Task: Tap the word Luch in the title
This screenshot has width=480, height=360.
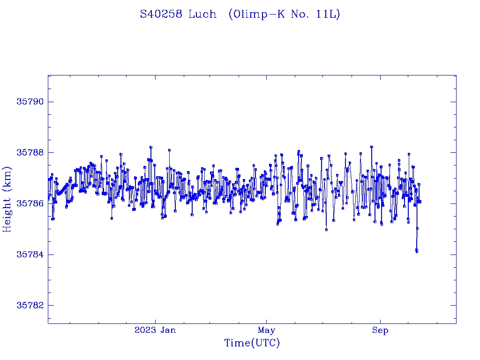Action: click(x=202, y=15)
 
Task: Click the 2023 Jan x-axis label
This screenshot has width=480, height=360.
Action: click(x=155, y=330)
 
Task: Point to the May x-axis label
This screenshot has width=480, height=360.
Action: click(x=266, y=330)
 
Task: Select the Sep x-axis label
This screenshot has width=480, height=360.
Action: click(x=380, y=330)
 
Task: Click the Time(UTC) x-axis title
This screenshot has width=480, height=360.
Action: click(x=252, y=343)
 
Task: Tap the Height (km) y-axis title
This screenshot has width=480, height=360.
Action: click(x=7, y=199)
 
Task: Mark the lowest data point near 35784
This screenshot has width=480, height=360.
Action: click(x=417, y=251)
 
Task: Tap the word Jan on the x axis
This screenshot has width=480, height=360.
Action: click(x=168, y=330)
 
